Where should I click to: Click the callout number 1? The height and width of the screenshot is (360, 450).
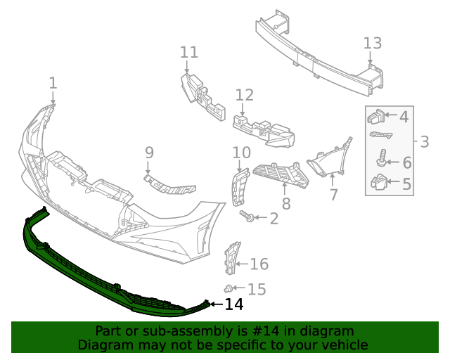[x=53, y=84]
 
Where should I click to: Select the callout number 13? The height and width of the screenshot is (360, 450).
[x=373, y=43]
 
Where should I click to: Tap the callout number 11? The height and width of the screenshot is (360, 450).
[x=188, y=52]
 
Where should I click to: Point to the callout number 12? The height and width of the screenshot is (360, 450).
[x=244, y=95]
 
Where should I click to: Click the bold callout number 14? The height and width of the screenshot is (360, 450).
[x=233, y=304]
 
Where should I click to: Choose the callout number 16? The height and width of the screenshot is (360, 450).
[x=259, y=264]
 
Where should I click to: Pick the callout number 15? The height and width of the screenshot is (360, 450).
[x=257, y=289]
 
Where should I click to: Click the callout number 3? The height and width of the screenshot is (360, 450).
[x=424, y=142]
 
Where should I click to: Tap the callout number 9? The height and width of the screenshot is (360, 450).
[x=149, y=152]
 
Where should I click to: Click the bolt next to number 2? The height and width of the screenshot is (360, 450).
[x=247, y=216]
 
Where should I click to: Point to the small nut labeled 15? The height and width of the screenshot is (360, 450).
[x=229, y=288]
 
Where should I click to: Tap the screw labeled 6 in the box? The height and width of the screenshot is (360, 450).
[x=382, y=157]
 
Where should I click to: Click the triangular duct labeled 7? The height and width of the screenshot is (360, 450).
[x=330, y=158]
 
